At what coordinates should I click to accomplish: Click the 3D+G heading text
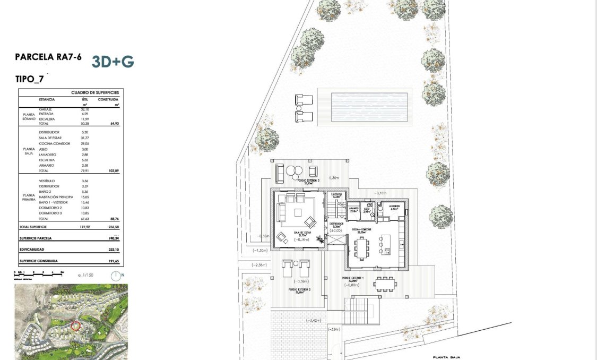click(113, 62)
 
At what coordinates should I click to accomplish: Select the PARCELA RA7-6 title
click(48, 57)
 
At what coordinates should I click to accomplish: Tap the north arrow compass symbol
click(116, 276)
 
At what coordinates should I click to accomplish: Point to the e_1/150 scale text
click(85, 276)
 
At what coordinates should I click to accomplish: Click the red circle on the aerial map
click(75, 325)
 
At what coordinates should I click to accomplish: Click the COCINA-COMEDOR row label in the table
click(52, 143)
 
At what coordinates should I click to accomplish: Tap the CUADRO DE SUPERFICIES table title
click(96, 92)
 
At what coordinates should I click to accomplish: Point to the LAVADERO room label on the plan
click(393, 206)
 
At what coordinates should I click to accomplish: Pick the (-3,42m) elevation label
click(316, 321)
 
